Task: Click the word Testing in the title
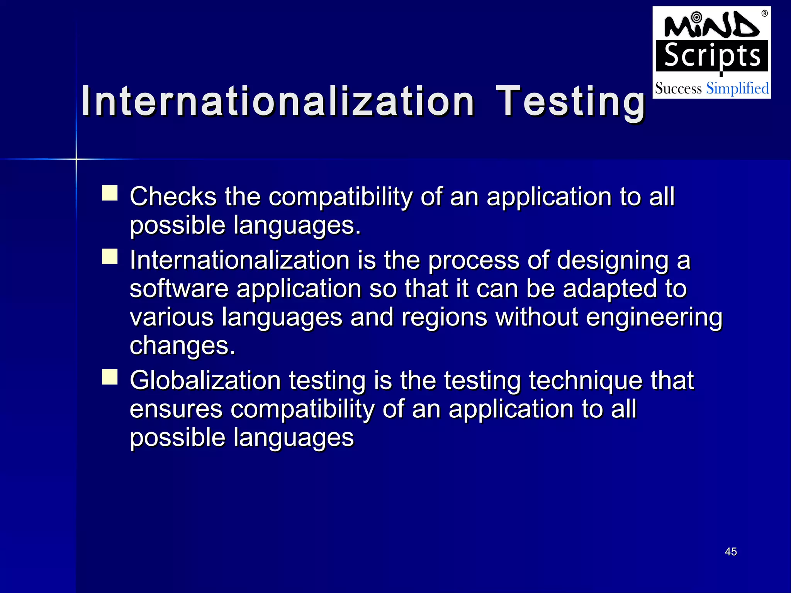coord(570,101)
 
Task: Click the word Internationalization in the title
coord(277,101)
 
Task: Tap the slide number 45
coord(731,552)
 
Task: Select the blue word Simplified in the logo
coord(737,88)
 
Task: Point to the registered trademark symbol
coord(764,14)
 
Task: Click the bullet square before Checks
coord(110,193)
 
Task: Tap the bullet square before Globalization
coord(110,377)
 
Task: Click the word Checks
coord(173,197)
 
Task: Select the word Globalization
coord(205,381)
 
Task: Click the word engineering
coord(654,318)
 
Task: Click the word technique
coord(586,381)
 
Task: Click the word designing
coord(612,261)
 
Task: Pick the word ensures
coord(176,409)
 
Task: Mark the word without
coord(536,317)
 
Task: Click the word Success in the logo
coord(678,89)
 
